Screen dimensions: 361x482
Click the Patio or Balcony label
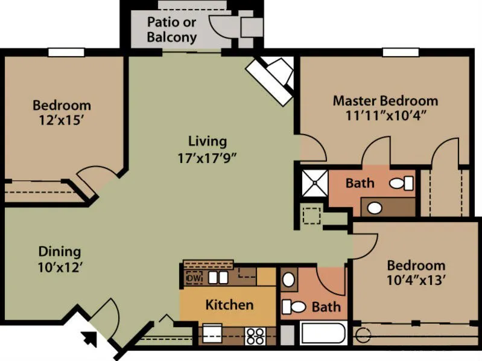coord(172,30)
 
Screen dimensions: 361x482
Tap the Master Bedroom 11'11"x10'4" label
coord(385,107)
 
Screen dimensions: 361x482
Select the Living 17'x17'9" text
coord(208,150)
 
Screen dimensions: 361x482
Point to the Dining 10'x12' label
coord(60,259)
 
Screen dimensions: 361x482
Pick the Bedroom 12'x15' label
coord(62,112)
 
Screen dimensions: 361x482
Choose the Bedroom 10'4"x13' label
coord(416,273)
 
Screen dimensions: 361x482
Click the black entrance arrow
coord(89,339)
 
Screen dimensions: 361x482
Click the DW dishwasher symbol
coord(194,278)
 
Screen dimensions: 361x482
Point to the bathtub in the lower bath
coord(323,334)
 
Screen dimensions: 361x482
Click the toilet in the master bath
coord(401,183)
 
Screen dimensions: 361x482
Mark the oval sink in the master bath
coord(375,208)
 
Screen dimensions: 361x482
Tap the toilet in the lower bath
coord(294,307)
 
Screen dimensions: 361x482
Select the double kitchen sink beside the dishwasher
coord(218,278)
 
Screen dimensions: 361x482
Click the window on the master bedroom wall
coord(401,53)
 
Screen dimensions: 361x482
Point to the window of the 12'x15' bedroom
coord(66,53)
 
